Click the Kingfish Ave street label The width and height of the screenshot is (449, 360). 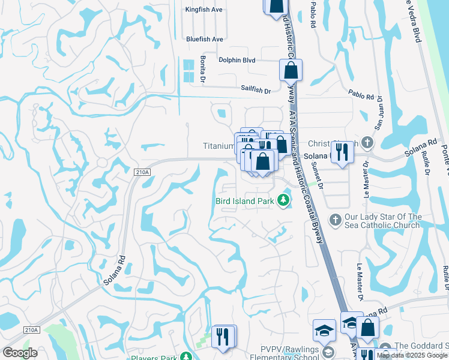tap(203, 10)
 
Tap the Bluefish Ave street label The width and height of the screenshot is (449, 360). tap(204, 39)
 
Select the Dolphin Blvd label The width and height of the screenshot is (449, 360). tap(237, 60)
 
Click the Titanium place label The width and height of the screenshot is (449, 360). tap(218, 146)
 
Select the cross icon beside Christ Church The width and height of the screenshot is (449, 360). tap(368, 143)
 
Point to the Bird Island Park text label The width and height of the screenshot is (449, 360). tap(244, 202)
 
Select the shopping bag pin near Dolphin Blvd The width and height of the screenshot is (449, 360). tap(291, 71)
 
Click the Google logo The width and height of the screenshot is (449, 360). tap(20, 353)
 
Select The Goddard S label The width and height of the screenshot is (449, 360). tap(421, 346)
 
